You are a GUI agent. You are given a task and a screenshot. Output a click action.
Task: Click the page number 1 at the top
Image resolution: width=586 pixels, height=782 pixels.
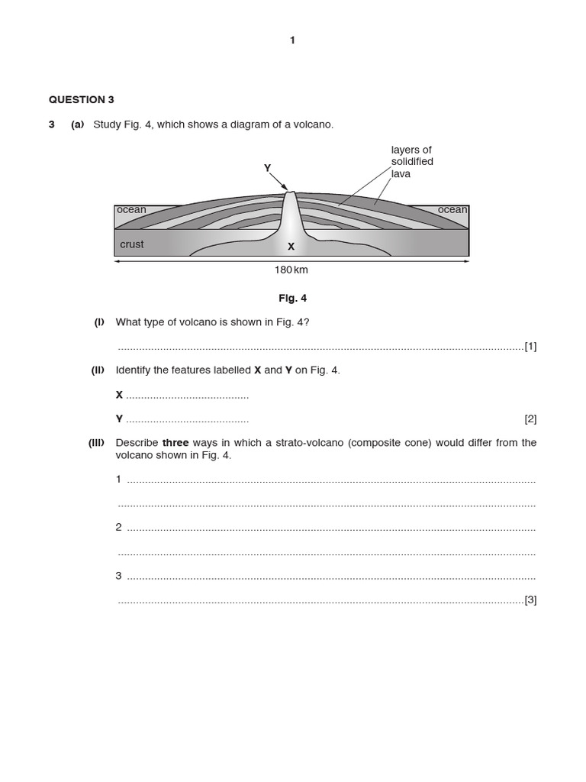292,40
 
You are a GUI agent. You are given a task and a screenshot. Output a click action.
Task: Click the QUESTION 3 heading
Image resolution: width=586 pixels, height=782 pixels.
82,99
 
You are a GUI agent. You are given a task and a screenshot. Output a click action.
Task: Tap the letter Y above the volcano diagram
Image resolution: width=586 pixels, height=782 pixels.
267,168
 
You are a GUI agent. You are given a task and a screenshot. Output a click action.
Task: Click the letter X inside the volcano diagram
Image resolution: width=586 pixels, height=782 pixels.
291,247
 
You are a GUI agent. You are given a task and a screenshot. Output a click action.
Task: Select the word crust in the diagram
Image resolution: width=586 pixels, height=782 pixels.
131,244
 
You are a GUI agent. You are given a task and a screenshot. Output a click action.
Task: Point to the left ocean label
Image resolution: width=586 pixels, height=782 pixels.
131,210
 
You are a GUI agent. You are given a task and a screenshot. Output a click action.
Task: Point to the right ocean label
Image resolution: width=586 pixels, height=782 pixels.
452,210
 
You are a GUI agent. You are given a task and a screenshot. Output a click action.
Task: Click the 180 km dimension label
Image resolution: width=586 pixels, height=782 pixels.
291,270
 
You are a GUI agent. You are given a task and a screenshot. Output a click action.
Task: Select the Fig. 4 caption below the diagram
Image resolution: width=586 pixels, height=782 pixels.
293,298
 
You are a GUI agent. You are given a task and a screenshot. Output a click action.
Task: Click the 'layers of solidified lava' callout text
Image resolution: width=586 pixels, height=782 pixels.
412,162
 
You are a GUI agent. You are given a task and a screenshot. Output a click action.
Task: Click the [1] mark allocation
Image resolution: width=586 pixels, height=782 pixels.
530,346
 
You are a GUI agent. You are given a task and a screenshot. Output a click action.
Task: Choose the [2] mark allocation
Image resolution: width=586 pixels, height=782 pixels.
530,418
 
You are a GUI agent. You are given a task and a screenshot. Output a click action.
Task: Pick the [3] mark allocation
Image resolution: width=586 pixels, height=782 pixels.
530,599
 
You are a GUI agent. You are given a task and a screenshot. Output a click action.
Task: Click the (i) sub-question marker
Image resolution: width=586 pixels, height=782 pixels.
99,322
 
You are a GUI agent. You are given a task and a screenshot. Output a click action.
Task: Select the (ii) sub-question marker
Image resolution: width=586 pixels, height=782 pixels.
98,370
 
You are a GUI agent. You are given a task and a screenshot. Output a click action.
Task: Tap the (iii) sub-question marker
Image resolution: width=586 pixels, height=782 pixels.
97,443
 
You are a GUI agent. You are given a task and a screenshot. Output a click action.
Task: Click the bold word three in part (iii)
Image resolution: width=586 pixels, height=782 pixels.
175,443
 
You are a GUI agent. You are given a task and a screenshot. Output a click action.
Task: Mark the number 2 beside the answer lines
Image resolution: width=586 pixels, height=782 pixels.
118,528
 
